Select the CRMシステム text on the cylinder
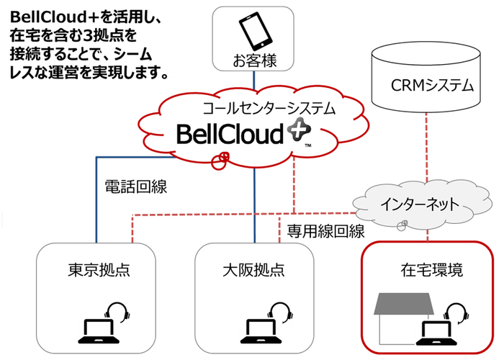click(x=432, y=86)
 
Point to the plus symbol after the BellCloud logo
click(x=294, y=131)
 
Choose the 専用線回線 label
click(x=325, y=231)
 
